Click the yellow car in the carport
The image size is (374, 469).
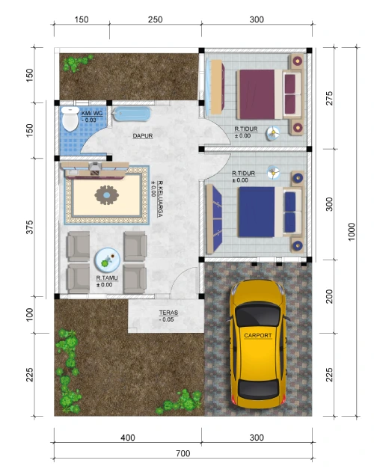coord(257,344)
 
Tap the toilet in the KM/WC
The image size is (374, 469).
coord(70,119)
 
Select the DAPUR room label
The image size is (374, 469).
coord(143,136)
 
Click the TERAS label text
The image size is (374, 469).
coord(168,313)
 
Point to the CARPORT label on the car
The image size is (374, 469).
coord(258,335)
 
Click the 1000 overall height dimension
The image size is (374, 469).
coord(352,231)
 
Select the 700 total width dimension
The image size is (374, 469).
coord(183,453)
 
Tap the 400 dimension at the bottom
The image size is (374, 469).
coord(128,438)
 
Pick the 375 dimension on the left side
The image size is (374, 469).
coord(29,227)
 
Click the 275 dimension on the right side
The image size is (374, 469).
coord(329,98)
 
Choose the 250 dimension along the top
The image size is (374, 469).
coord(155,19)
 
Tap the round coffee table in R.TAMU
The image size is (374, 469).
coord(107,260)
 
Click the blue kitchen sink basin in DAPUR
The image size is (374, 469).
coord(132,114)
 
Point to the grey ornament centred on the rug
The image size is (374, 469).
coord(106,195)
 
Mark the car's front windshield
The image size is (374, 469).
coord(258,314)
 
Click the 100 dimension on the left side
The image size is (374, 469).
coord(29,315)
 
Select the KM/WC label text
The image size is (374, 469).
coord(92,114)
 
